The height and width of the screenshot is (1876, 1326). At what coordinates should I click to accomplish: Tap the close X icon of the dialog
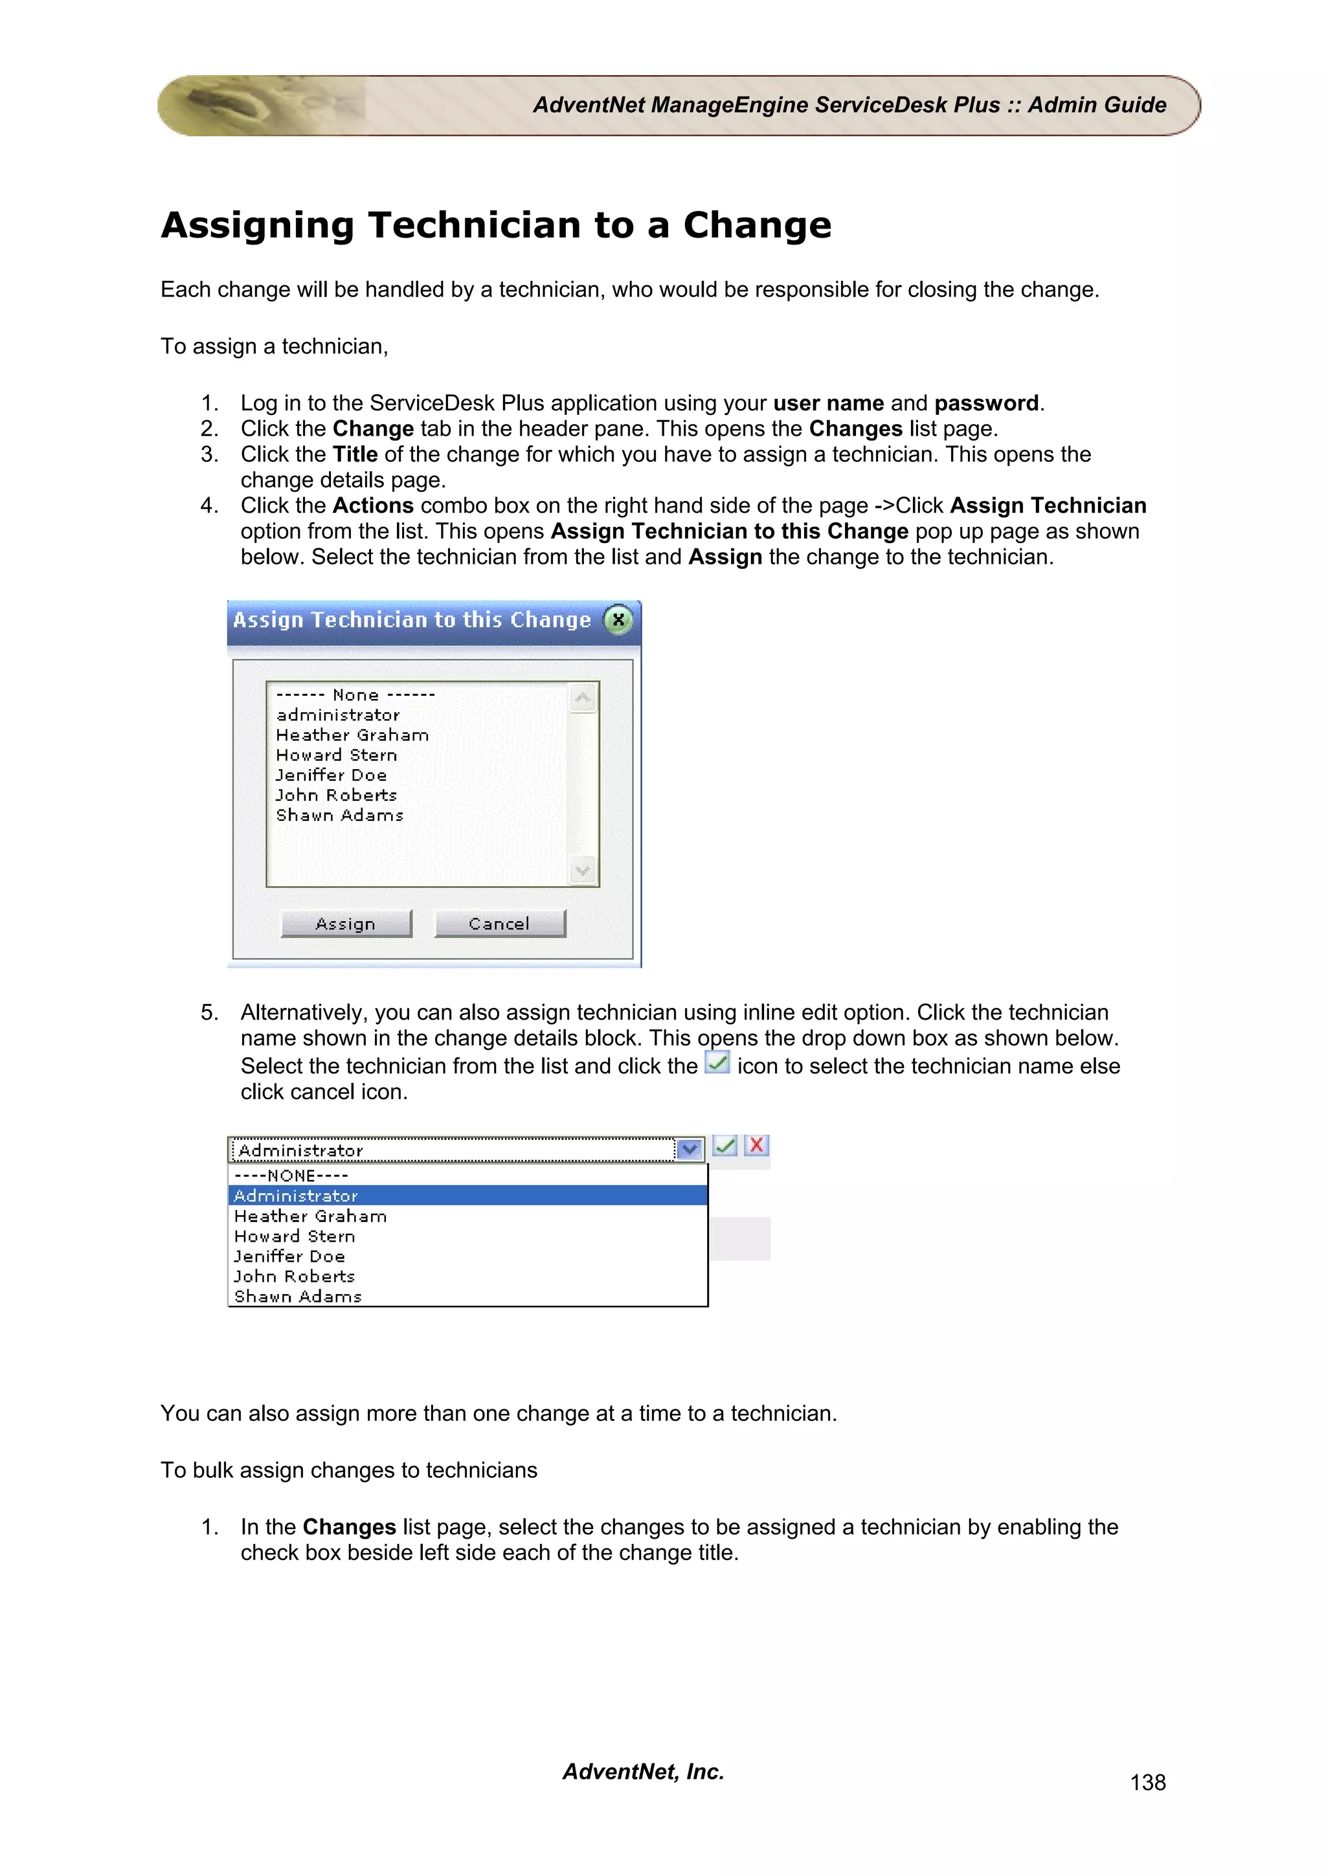click(x=618, y=620)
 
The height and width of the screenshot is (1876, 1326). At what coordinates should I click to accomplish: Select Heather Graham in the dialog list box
click(x=352, y=735)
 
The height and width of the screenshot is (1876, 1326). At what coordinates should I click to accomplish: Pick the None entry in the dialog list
click(x=355, y=695)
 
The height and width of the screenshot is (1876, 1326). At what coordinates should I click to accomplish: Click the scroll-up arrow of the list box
click(x=583, y=698)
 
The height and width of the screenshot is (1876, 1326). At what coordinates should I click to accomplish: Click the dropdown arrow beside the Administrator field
click(x=690, y=1150)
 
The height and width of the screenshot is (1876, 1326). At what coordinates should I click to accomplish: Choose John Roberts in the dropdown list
click(x=294, y=1277)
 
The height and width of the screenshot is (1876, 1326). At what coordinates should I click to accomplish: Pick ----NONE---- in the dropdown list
click(x=291, y=1175)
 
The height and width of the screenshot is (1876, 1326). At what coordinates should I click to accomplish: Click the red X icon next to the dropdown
click(x=756, y=1146)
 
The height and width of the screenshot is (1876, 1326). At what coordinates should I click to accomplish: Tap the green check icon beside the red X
click(x=725, y=1146)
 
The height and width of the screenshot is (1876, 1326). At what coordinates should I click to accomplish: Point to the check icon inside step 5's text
click(x=717, y=1063)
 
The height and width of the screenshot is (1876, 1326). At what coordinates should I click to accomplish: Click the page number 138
click(x=1147, y=1782)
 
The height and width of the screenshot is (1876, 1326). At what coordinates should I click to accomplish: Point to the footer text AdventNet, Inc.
click(x=643, y=1770)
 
